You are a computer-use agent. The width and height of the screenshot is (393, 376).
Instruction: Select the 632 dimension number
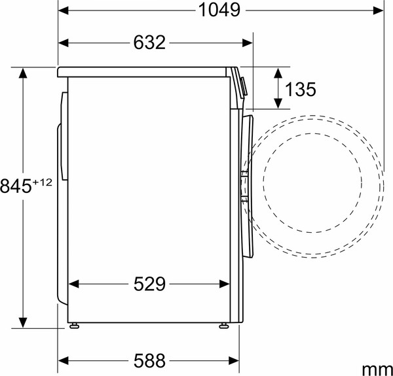pyautogui.click(x=149, y=43)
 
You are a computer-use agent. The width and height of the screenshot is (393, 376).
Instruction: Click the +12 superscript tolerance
pyautogui.click(x=41, y=180)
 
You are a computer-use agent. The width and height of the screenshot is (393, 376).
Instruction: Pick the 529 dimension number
pyautogui.click(x=149, y=284)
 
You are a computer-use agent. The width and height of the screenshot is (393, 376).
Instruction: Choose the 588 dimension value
pyautogui.click(x=149, y=360)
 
